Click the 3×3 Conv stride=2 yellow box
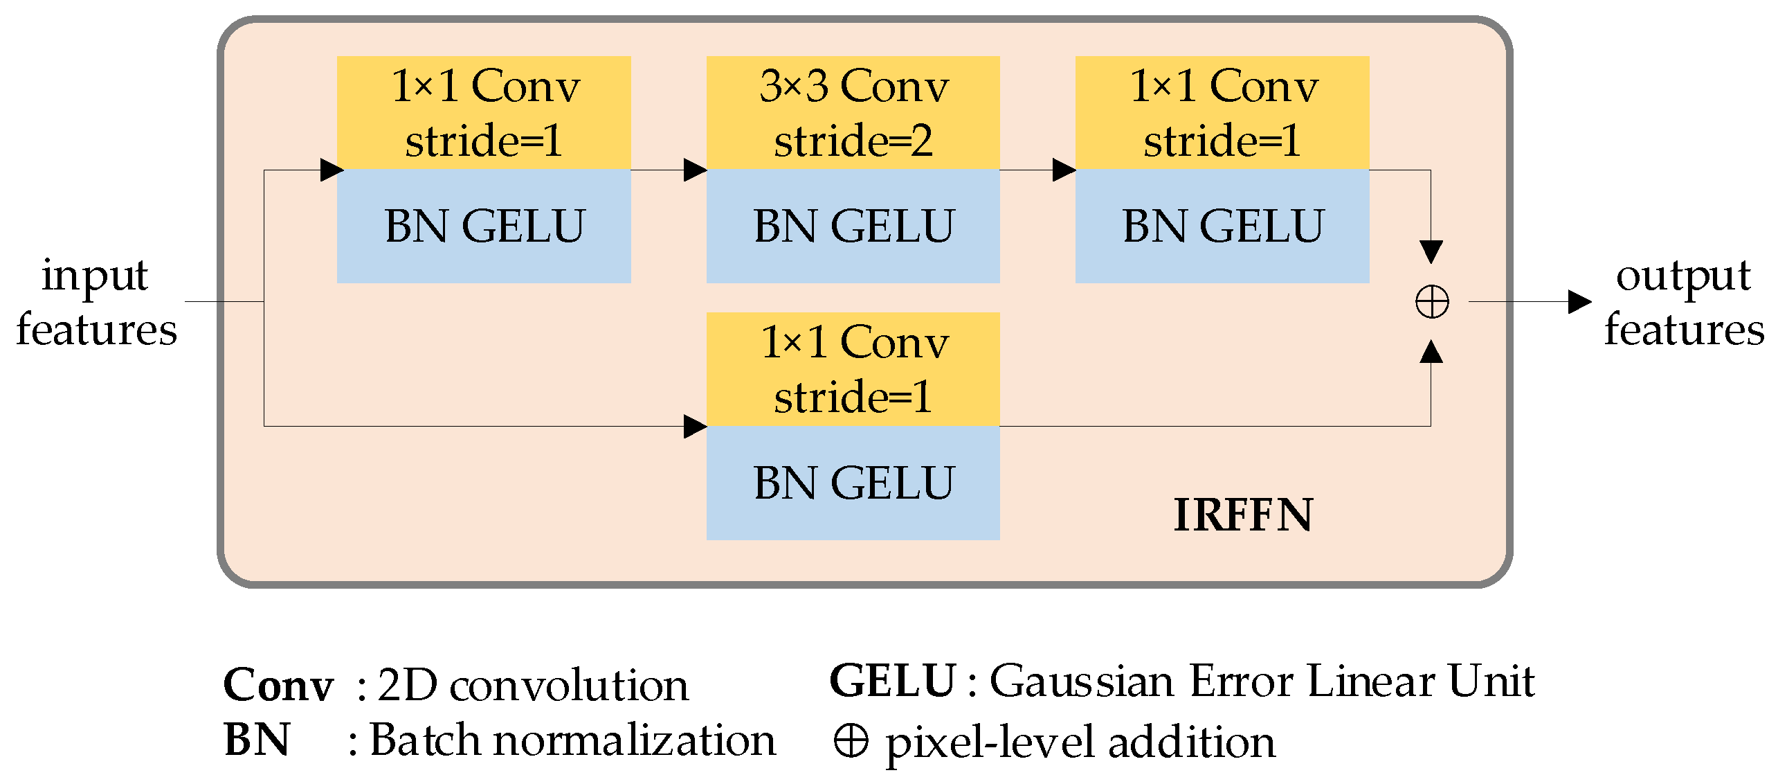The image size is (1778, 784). [x=853, y=113]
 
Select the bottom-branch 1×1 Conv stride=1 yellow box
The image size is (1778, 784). [x=853, y=369]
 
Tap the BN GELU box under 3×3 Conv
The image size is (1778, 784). [x=853, y=226]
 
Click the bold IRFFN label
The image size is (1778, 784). [x=1243, y=515]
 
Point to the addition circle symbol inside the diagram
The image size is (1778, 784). [x=1431, y=302]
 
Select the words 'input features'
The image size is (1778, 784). [x=96, y=302]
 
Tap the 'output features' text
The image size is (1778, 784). [x=1683, y=302]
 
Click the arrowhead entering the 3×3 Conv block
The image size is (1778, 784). [x=695, y=170]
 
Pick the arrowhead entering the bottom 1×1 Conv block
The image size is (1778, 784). [x=695, y=427]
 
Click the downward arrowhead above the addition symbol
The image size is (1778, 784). [x=1431, y=251]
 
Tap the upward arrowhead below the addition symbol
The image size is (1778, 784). [x=1431, y=352]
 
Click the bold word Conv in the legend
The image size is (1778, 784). [x=278, y=686]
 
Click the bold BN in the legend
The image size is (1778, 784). [x=257, y=740]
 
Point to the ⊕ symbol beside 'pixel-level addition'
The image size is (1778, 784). [x=851, y=741]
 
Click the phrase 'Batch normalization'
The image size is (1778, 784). [x=572, y=740]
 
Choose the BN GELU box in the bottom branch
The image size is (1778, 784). [x=853, y=483]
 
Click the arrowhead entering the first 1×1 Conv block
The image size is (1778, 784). [x=332, y=170]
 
